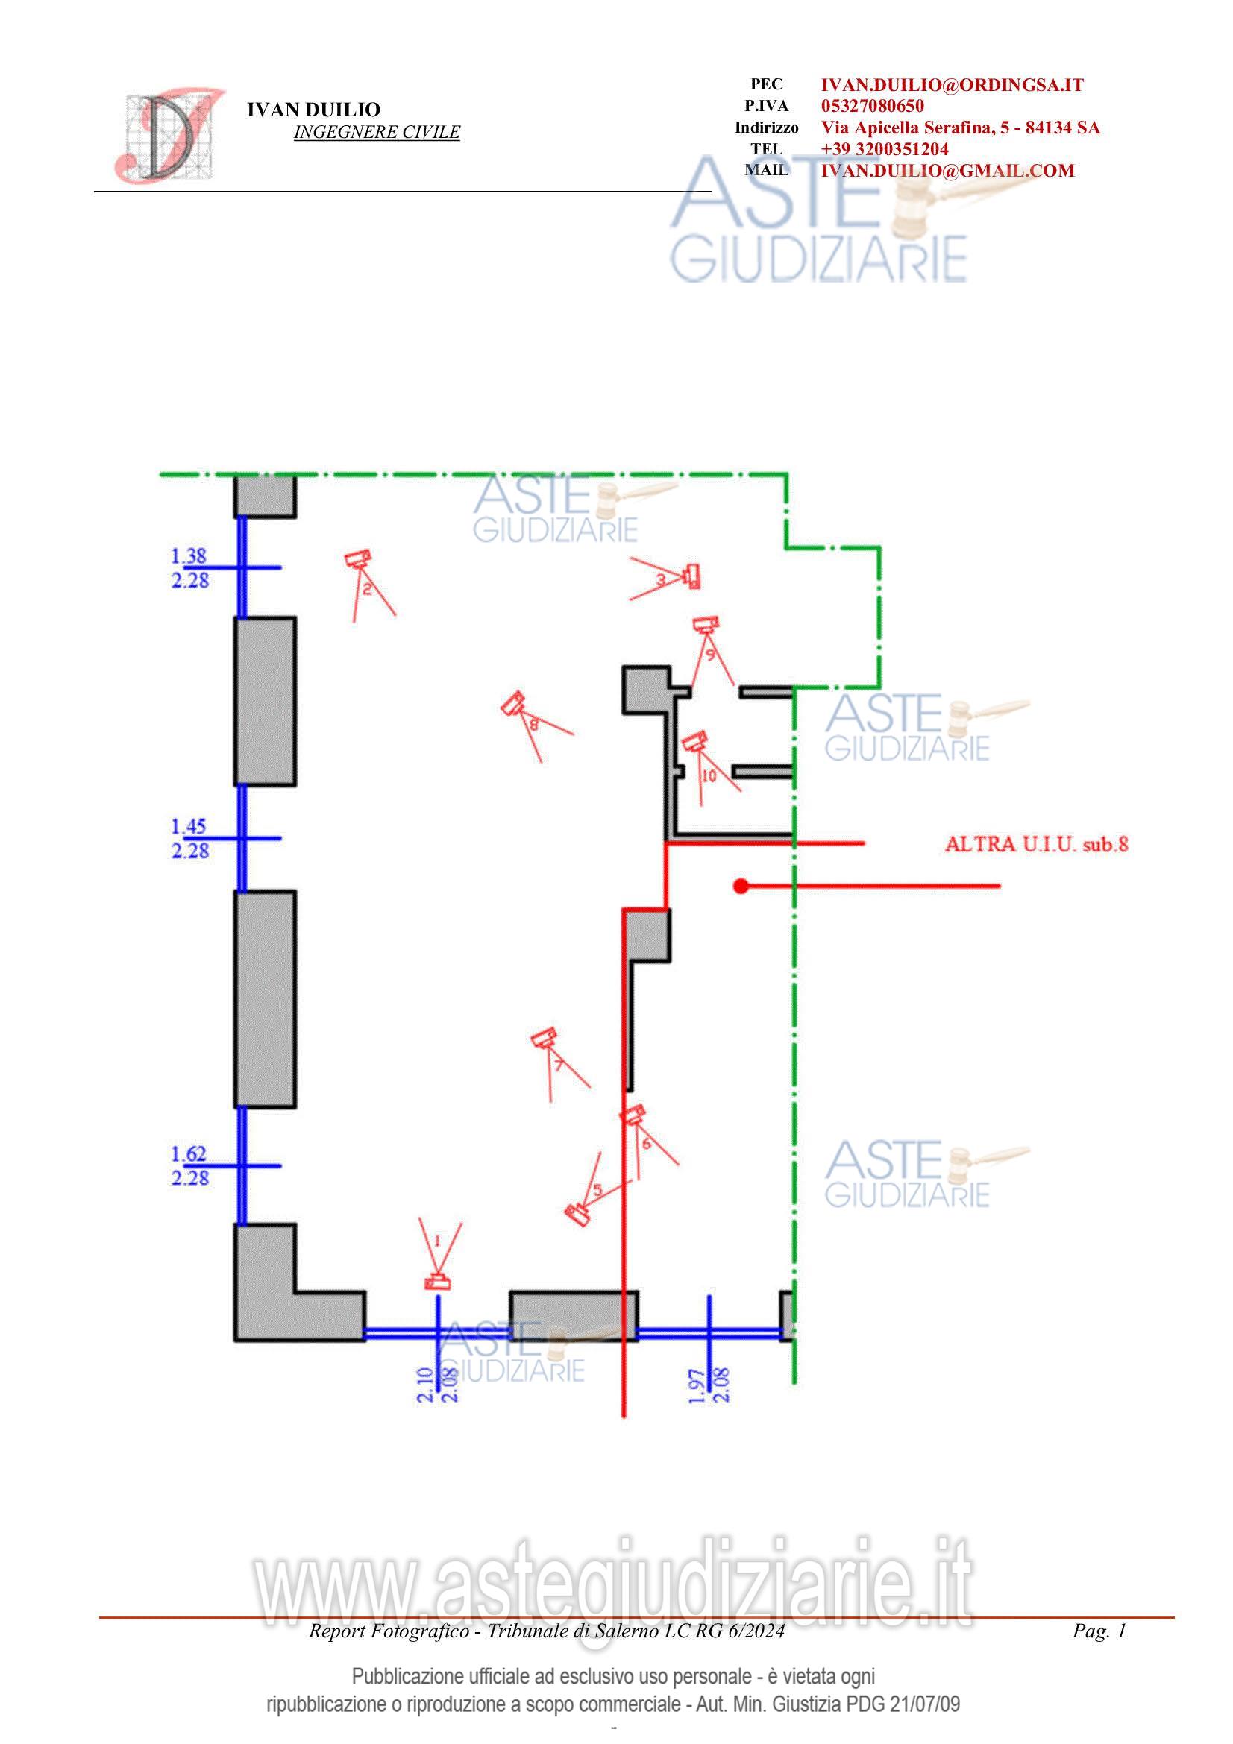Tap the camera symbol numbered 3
click(692, 576)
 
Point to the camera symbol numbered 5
click(578, 1215)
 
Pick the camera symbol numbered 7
click(545, 1037)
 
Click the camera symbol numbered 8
click(513, 704)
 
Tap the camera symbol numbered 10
click(694, 741)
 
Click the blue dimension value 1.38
click(189, 556)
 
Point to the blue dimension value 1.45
click(189, 825)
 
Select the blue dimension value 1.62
click(189, 1153)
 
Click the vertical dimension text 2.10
click(425, 1384)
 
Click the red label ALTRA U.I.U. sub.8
click(1036, 843)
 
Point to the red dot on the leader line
click(741, 886)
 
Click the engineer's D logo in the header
click(169, 135)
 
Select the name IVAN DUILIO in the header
click(313, 110)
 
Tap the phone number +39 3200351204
click(885, 149)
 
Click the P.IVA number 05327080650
click(872, 106)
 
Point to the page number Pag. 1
click(1099, 1630)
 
